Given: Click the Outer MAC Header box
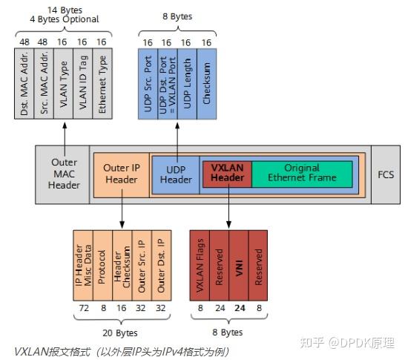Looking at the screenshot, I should (64, 174).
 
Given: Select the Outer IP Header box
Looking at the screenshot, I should (120, 174).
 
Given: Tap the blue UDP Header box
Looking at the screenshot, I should (176, 174).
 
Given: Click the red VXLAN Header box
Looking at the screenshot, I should (227, 173).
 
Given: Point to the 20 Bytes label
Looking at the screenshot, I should (120, 333).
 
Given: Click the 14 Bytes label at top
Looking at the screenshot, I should (64, 8).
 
